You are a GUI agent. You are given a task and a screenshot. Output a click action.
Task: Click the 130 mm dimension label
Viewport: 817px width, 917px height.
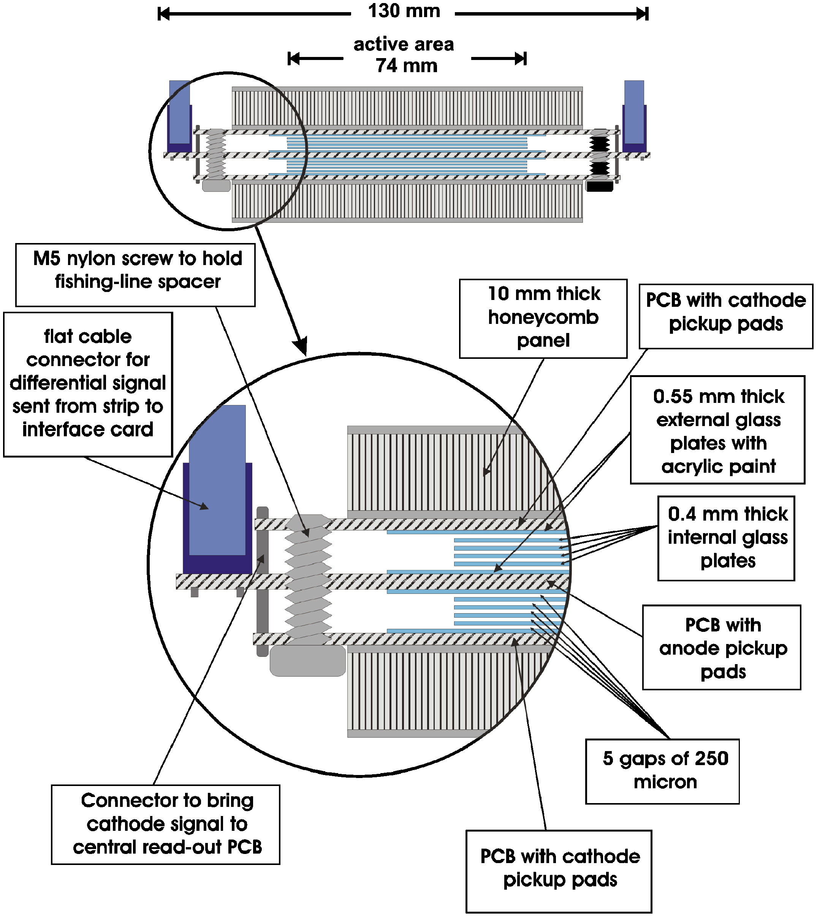[x=404, y=11]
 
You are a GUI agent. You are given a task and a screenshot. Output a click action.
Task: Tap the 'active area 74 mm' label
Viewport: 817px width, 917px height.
[x=404, y=55]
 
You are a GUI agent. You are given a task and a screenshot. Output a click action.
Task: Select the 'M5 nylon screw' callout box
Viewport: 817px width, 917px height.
[x=136, y=275]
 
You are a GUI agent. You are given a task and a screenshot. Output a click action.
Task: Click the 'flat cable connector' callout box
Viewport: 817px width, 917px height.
[x=88, y=385]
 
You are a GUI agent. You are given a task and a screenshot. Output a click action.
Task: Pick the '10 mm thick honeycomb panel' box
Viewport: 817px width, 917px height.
[x=543, y=319]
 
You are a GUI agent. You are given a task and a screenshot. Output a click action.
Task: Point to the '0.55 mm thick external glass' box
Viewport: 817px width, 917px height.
[x=718, y=430]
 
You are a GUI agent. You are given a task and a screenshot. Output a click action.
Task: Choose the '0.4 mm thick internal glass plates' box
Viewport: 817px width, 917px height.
[x=726, y=538]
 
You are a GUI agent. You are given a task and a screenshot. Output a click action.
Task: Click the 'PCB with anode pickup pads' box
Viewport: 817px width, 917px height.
[x=722, y=647]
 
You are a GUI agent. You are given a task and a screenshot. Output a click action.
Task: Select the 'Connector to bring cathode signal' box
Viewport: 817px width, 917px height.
[x=166, y=825]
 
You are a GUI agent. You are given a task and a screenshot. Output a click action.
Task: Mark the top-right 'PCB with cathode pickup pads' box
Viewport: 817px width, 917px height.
[x=726, y=316]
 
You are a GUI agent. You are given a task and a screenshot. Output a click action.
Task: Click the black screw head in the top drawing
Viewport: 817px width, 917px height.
[x=600, y=186]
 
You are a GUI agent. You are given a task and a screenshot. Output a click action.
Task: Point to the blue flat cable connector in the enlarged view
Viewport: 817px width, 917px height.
[x=218, y=489]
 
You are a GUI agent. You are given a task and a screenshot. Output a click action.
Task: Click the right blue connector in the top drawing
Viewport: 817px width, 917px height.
[x=634, y=117]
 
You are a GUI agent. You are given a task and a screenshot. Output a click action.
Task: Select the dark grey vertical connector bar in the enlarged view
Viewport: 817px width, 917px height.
[x=263, y=582]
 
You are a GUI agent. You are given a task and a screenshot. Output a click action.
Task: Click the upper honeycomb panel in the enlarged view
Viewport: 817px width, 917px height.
[x=449, y=472]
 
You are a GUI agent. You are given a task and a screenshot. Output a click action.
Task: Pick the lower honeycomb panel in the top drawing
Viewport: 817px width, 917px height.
[x=407, y=202]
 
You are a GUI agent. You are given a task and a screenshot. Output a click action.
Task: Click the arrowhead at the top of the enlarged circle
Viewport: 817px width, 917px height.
[x=300, y=346]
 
